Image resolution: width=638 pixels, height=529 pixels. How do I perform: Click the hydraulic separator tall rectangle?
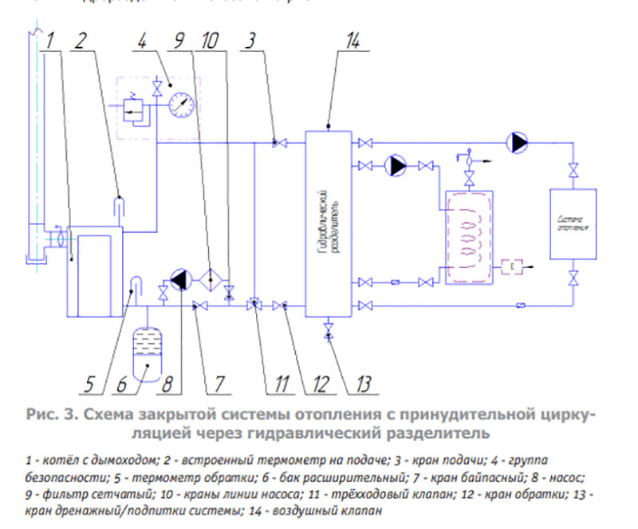(x=328, y=219)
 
